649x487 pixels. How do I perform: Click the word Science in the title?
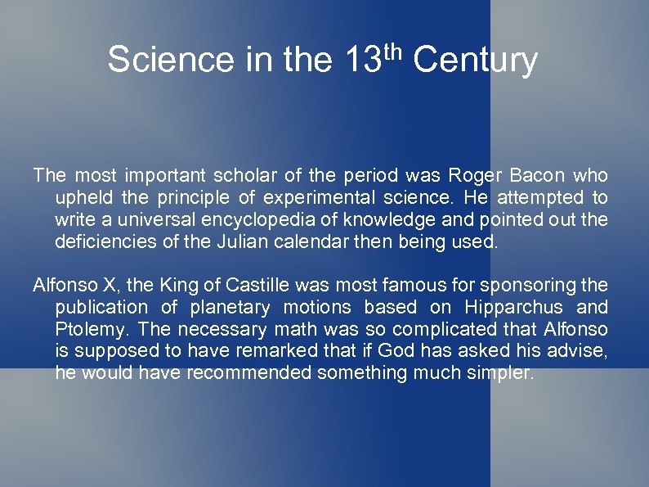168,60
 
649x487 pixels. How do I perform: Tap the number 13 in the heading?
363,60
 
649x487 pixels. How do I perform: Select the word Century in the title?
476,60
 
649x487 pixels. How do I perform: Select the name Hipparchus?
513,307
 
